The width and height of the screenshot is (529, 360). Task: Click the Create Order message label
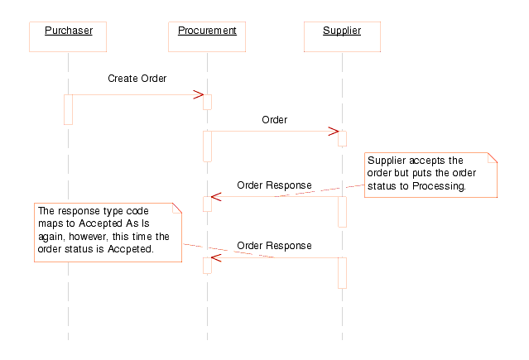click(x=137, y=79)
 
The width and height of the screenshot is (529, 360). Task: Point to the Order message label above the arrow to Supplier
click(x=274, y=120)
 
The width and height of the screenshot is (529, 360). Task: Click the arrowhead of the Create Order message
click(x=199, y=95)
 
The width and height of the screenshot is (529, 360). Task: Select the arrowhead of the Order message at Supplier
click(x=334, y=131)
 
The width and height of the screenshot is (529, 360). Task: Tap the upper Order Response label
click(x=274, y=185)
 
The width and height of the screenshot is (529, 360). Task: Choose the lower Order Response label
click(x=274, y=246)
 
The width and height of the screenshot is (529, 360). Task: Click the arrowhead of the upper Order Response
click(x=215, y=197)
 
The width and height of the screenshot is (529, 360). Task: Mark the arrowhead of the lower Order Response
click(x=215, y=258)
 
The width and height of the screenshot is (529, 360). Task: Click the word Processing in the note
click(x=442, y=187)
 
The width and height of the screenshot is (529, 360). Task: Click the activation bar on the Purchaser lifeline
click(x=68, y=109)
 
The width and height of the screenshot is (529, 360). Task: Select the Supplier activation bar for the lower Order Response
click(x=342, y=272)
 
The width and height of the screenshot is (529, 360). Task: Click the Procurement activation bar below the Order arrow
click(x=207, y=146)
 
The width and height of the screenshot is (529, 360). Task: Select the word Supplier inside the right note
click(x=386, y=161)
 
